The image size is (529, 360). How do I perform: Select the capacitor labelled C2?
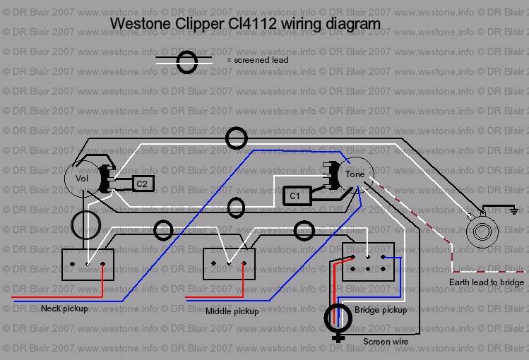pos(142,184)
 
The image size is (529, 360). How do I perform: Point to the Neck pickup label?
pos(65,308)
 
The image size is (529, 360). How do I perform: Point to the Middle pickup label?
pos(232,311)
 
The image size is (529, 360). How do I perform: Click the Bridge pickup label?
pos(381,309)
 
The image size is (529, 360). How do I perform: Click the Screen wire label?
pos(386,342)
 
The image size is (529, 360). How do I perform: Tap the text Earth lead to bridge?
pos(487,282)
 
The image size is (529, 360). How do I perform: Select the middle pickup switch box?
pos(229,264)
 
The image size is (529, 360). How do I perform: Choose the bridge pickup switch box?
pos(368,261)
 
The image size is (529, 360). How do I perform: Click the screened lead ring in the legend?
pos(188,62)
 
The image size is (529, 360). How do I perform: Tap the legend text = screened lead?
pos(257,61)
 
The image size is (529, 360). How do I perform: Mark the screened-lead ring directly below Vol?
pos(85,224)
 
